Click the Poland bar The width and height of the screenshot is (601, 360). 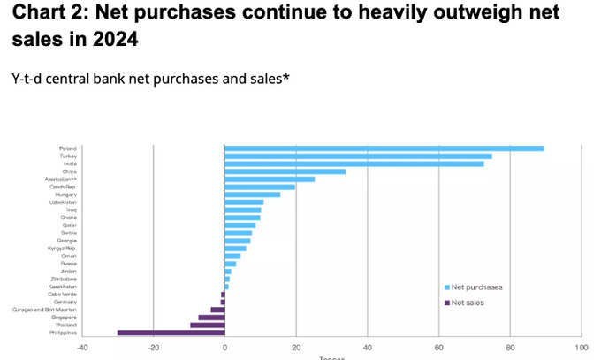384,149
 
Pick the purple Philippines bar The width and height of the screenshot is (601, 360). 171,333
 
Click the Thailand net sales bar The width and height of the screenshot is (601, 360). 208,325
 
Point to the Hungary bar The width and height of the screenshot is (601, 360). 253,195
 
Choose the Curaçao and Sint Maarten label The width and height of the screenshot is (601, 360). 52,310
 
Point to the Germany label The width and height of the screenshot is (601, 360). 67,302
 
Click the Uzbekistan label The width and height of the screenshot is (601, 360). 64,203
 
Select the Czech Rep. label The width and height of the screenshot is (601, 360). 65,187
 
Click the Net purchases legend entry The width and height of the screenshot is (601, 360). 476,287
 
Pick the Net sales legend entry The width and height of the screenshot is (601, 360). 468,303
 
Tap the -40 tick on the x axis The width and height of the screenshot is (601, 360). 82,347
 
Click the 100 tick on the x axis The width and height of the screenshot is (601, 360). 581,347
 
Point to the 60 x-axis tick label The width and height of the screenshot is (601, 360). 438,347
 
